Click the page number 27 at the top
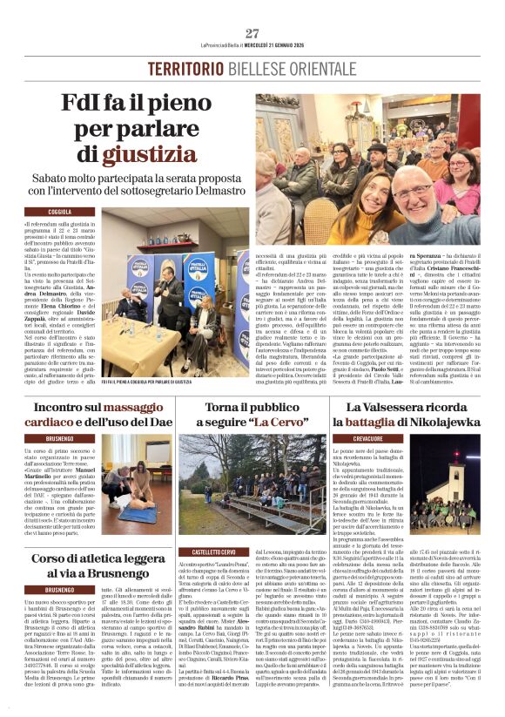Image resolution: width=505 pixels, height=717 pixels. [252, 33]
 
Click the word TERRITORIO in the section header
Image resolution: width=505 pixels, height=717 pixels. [182, 68]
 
